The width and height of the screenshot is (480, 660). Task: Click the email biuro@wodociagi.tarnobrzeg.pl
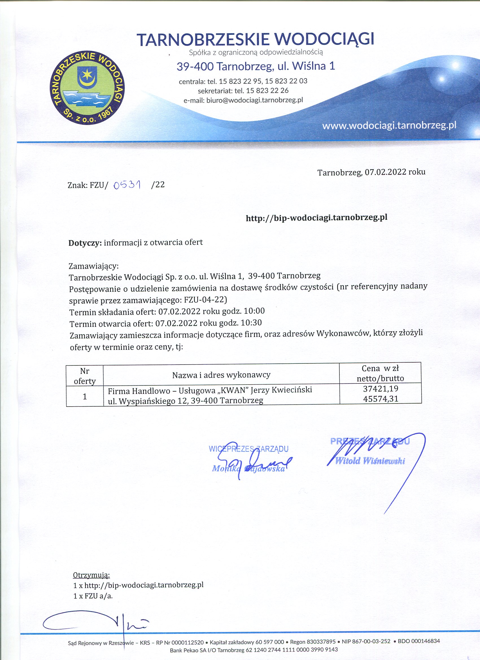[255, 100]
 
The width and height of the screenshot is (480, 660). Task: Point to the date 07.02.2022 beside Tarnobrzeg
[386, 172]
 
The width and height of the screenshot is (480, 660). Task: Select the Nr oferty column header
[85, 376]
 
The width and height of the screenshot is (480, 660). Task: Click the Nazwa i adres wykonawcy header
[221, 375]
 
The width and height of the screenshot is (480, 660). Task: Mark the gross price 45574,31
[381, 399]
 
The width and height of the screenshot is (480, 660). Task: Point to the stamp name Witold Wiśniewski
[370, 461]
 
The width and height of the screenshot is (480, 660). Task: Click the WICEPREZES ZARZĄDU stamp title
[248, 448]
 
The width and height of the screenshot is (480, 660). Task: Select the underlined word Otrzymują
[91, 567]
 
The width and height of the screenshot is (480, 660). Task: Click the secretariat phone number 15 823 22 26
[267, 91]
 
